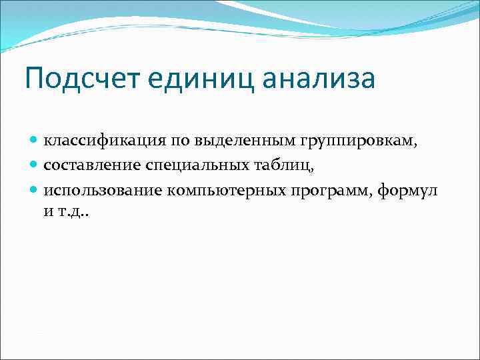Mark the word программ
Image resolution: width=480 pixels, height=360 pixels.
pos(331,191)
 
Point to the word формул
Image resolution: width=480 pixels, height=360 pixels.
pos(407,191)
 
